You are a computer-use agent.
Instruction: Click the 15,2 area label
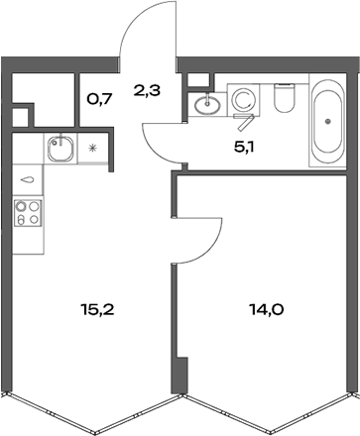tap(98, 308)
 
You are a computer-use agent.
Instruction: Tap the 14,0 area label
tap(266, 308)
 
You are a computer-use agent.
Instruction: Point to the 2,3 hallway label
tap(147, 91)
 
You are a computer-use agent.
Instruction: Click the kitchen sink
tap(60, 149)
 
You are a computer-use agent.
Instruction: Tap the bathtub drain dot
tap(328, 123)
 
